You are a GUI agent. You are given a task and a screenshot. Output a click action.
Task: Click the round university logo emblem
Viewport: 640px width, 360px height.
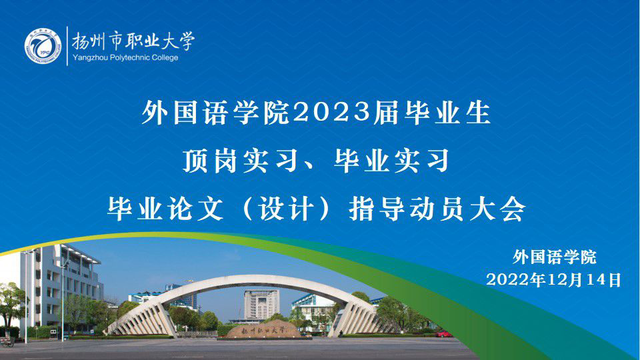(43, 46)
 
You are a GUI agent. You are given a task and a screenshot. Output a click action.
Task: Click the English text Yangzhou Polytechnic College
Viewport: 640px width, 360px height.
(125, 57)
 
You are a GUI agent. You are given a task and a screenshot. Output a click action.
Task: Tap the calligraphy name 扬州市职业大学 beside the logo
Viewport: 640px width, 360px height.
(133, 41)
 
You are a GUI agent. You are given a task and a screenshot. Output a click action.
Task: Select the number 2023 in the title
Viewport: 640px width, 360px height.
(331, 113)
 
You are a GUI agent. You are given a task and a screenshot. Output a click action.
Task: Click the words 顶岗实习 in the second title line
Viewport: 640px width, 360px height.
(240, 161)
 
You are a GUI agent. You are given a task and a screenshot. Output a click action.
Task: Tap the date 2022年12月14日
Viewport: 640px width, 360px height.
(554, 280)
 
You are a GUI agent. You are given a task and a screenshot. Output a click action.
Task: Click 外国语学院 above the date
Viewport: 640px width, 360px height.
(555, 257)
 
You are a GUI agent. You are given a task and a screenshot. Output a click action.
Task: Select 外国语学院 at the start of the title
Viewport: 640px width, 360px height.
(215, 113)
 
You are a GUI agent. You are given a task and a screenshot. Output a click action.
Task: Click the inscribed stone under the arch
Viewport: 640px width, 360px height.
(263, 329)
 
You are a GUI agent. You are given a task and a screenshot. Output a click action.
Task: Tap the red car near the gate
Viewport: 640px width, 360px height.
(444, 334)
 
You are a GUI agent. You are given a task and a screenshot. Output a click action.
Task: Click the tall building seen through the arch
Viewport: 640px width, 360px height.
(261, 304)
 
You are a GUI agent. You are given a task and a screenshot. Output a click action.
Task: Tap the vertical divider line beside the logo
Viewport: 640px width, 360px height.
(67, 46)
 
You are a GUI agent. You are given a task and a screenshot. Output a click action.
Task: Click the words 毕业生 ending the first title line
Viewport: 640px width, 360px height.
(447, 113)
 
